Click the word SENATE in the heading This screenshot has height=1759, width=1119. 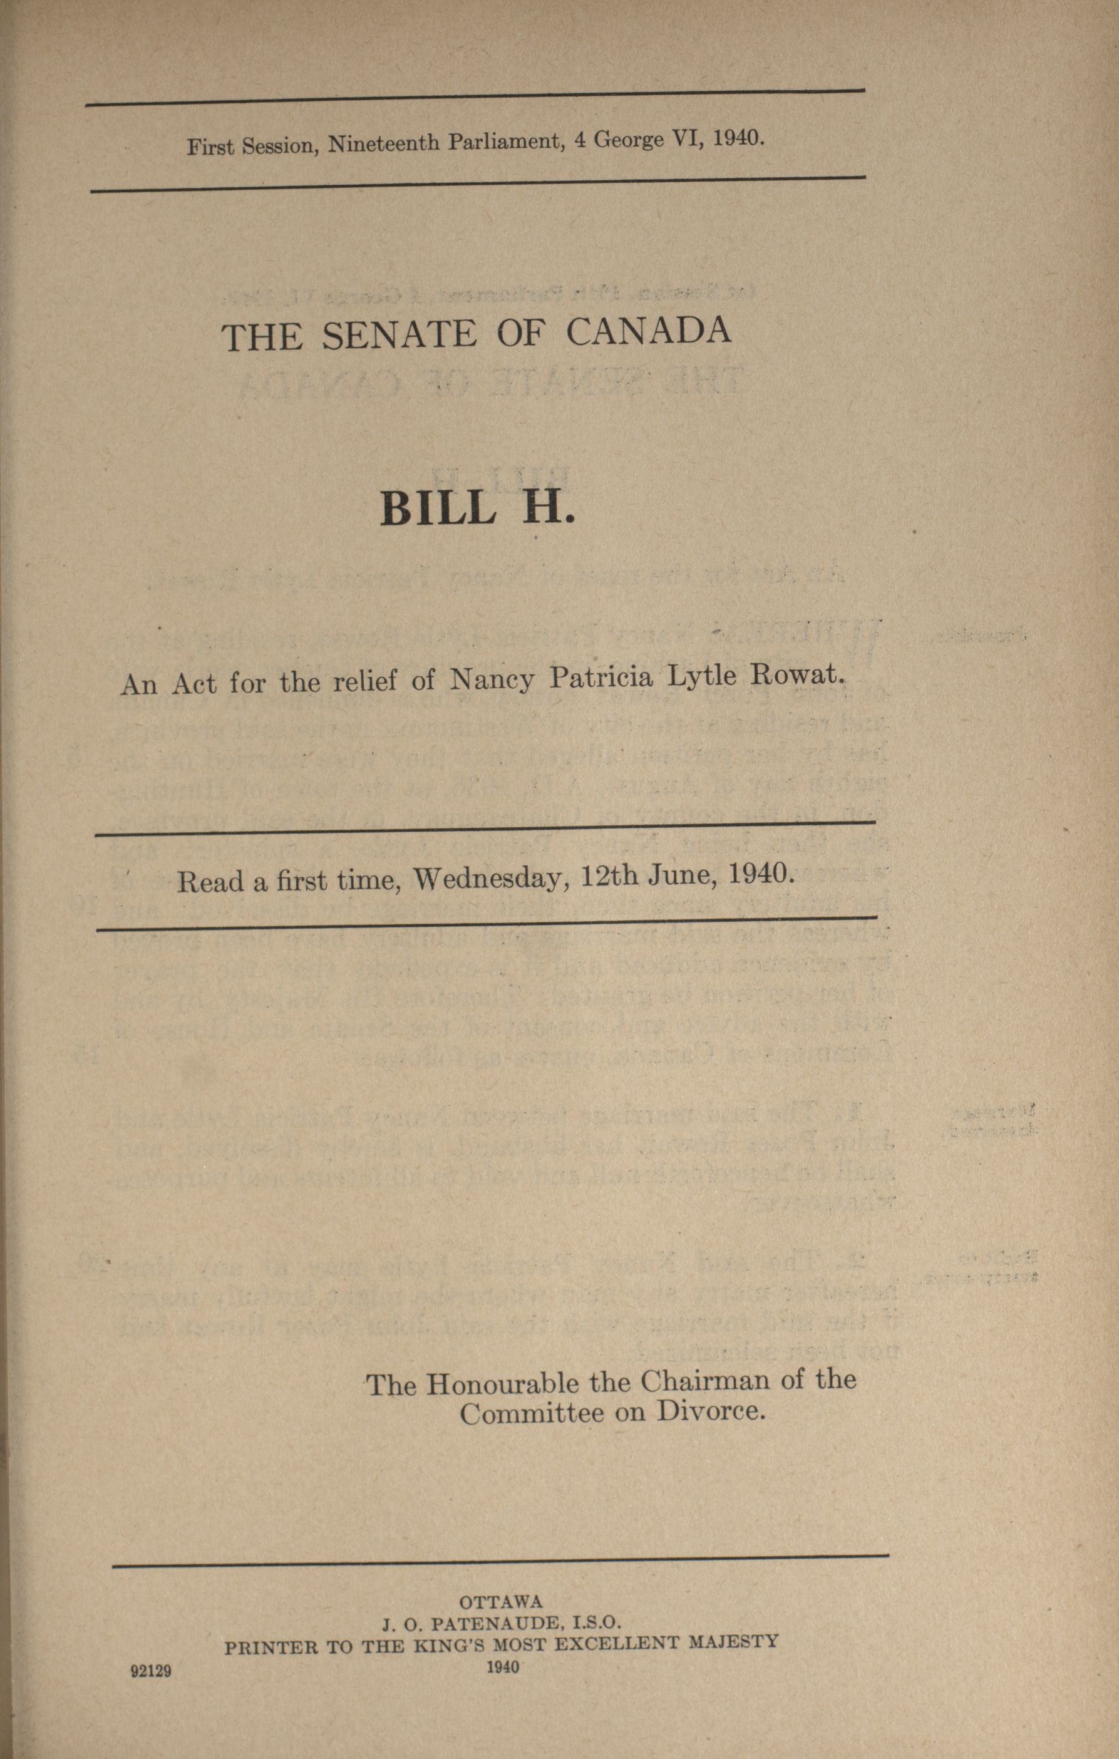(399, 334)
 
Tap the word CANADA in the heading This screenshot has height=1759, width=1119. (648, 330)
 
